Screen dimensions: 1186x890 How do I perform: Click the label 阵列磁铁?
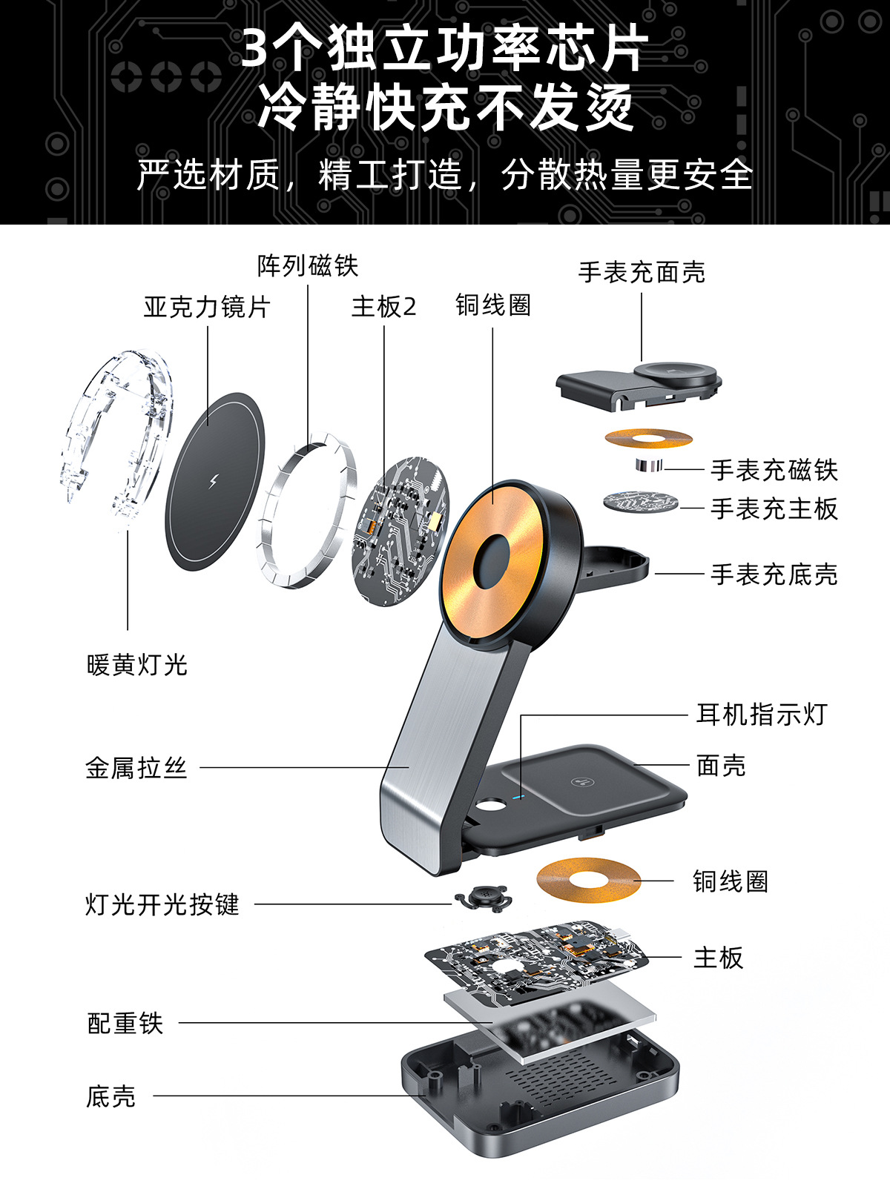(308, 265)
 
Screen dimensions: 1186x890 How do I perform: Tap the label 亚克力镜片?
(207, 307)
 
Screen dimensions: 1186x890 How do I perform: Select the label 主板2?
(383, 306)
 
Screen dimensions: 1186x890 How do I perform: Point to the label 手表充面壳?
(642, 272)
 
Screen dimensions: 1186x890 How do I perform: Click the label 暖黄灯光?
(136, 665)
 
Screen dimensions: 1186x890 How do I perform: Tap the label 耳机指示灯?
(762, 715)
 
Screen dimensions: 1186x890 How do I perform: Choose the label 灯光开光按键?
(162, 904)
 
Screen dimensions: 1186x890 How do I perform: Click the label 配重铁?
(125, 1023)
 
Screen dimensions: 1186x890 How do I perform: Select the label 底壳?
(111, 1096)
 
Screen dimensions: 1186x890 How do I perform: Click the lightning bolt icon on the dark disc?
(214, 480)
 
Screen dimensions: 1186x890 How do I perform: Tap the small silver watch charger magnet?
(649, 465)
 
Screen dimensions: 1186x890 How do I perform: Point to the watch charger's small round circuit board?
(641, 502)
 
